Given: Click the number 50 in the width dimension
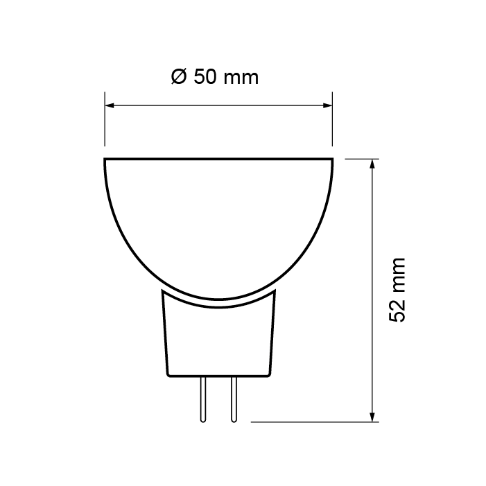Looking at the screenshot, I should click(x=204, y=77).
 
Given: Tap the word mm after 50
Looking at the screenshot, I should click(x=241, y=77).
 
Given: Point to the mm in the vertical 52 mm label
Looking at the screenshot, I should click(x=397, y=274).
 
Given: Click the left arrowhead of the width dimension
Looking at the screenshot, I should click(x=110, y=106).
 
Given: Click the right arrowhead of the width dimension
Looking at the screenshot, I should click(x=328, y=106).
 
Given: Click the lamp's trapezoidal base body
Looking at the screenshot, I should click(x=219, y=340).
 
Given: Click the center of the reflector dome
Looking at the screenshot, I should click(x=219, y=222).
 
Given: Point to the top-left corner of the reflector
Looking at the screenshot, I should click(x=105, y=160).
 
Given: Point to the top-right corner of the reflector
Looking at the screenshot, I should click(x=333, y=160).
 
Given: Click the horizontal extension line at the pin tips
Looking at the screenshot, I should click(x=312, y=421).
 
